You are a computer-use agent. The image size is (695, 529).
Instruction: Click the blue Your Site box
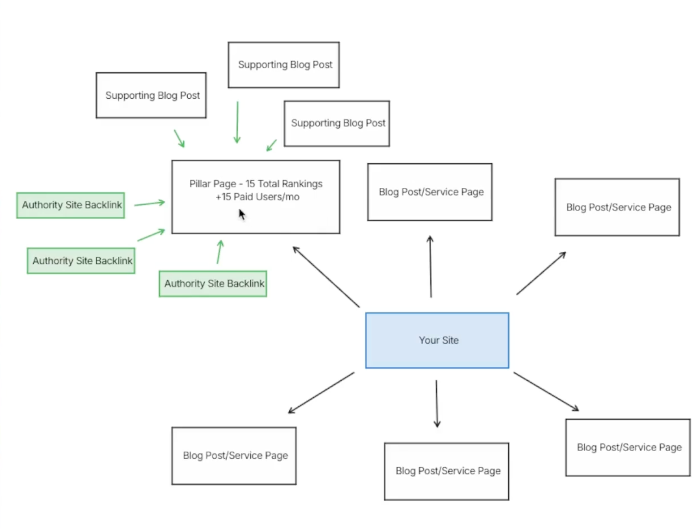(x=437, y=340)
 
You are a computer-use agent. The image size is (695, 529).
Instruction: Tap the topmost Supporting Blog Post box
(x=283, y=65)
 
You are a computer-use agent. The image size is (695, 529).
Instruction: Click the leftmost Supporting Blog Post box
(x=151, y=95)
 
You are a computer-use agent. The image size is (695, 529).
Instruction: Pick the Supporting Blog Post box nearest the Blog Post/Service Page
(x=336, y=123)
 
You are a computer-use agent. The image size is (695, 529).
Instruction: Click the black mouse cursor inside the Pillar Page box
(x=242, y=214)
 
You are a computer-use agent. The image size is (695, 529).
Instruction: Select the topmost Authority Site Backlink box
(x=71, y=205)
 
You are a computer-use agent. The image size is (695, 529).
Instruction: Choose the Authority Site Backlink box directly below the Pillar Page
(x=212, y=283)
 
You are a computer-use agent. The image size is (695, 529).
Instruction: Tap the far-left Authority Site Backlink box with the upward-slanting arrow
(x=81, y=261)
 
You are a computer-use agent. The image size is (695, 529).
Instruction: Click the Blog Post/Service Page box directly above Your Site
(x=429, y=192)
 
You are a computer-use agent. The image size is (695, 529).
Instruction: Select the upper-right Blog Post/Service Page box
(x=616, y=207)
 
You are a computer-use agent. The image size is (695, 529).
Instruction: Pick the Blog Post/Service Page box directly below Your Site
(x=446, y=471)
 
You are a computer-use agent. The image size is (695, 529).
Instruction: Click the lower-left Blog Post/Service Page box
(x=234, y=456)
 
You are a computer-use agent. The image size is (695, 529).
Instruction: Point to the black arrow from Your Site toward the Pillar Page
(x=326, y=277)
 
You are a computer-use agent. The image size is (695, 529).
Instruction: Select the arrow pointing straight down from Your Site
(x=437, y=403)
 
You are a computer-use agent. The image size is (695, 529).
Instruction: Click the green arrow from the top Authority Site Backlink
(x=149, y=203)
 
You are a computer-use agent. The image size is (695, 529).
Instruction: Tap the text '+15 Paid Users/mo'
(x=257, y=197)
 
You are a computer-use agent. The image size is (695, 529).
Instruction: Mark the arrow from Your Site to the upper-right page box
(x=541, y=273)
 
